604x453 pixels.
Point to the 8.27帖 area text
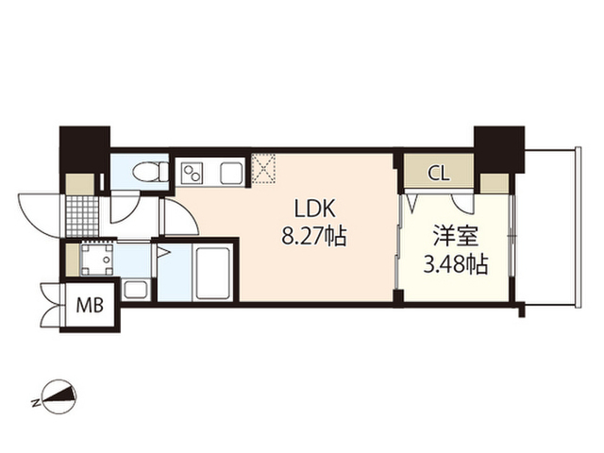(x=313, y=236)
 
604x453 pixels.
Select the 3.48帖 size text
(x=456, y=265)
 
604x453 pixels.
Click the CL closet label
(x=439, y=173)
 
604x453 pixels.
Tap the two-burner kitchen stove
(x=193, y=174)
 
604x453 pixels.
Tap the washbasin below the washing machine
(x=135, y=290)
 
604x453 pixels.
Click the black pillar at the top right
(x=498, y=148)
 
